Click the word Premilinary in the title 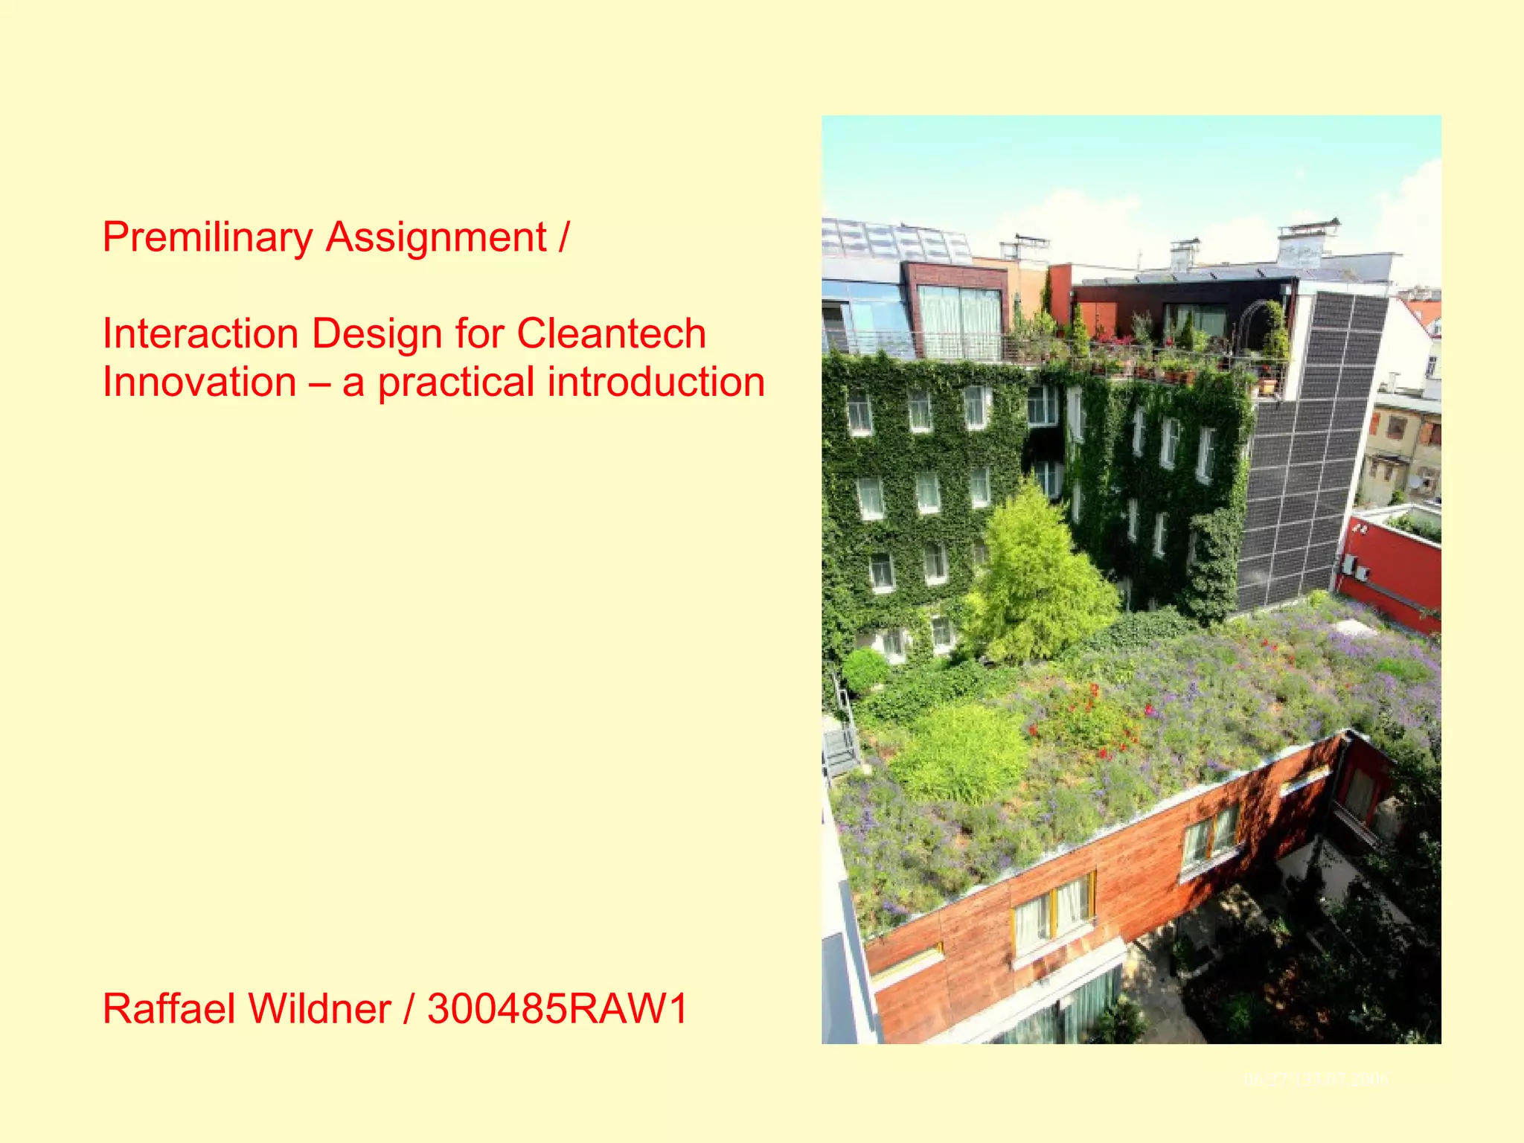click(208, 238)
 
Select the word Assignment click(436, 238)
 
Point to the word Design click(377, 333)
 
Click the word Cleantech click(611, 333)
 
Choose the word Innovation click(199, 382)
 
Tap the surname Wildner click(320, 1009)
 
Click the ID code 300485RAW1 click(558, 1009)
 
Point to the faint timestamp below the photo click(1316, 1079)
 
